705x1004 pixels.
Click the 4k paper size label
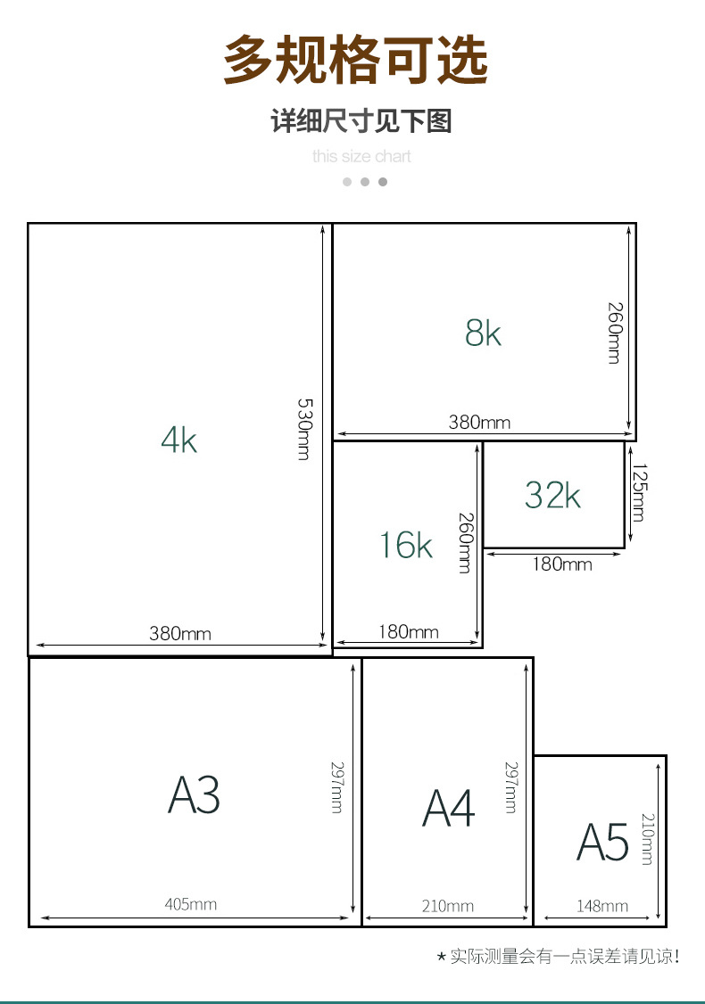click(178, 440)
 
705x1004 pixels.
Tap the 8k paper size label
click(483, 333)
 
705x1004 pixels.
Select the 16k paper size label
click(406, 545)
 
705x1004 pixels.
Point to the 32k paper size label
click(552, 495)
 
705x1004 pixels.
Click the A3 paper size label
click(194, 794)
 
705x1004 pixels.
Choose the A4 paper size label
click(449, 808)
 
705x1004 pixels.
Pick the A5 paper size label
click(602, 842)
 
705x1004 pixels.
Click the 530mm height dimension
click(305, 429)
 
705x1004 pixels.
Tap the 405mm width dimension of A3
click(190, 904)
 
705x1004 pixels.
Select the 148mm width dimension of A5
click(601, 906)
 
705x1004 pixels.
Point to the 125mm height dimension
click(639, 492)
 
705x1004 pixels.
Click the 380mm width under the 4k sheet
click(180, 633)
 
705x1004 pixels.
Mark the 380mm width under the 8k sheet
click(479, 422)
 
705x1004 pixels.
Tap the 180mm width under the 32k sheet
click(562, 564)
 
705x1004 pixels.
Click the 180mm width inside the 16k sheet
click(408, 632)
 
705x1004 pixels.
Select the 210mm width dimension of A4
click(447, 906)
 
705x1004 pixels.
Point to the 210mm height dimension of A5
click(647, 839)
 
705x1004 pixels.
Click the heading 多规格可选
click(356, 60)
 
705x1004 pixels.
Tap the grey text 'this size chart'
click(361, 156)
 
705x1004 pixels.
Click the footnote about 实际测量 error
click(558, 957)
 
